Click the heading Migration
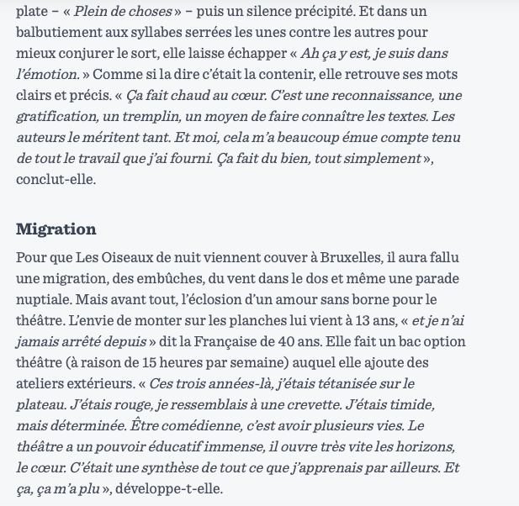56,229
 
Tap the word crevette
299,404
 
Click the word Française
246,341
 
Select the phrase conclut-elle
56,179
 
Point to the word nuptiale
44,299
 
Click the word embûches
174,278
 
